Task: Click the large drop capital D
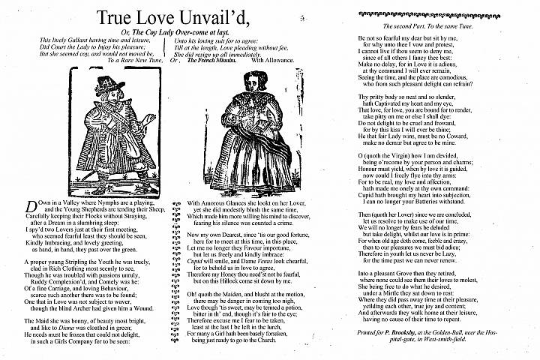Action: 31,207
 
